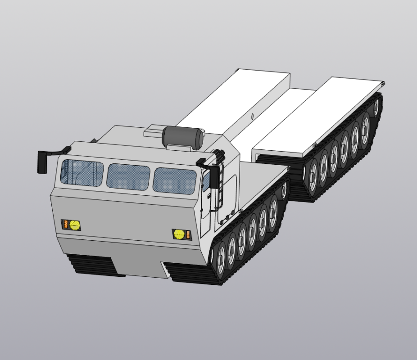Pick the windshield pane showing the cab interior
pos(82,172)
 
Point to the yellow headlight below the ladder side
pos(179,234)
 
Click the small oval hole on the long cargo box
pos(252,117)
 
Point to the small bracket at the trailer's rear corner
pos(383,83)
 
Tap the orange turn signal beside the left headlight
pos(65,224)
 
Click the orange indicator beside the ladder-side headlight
pos(188,234)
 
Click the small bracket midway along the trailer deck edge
pos(314,144)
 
